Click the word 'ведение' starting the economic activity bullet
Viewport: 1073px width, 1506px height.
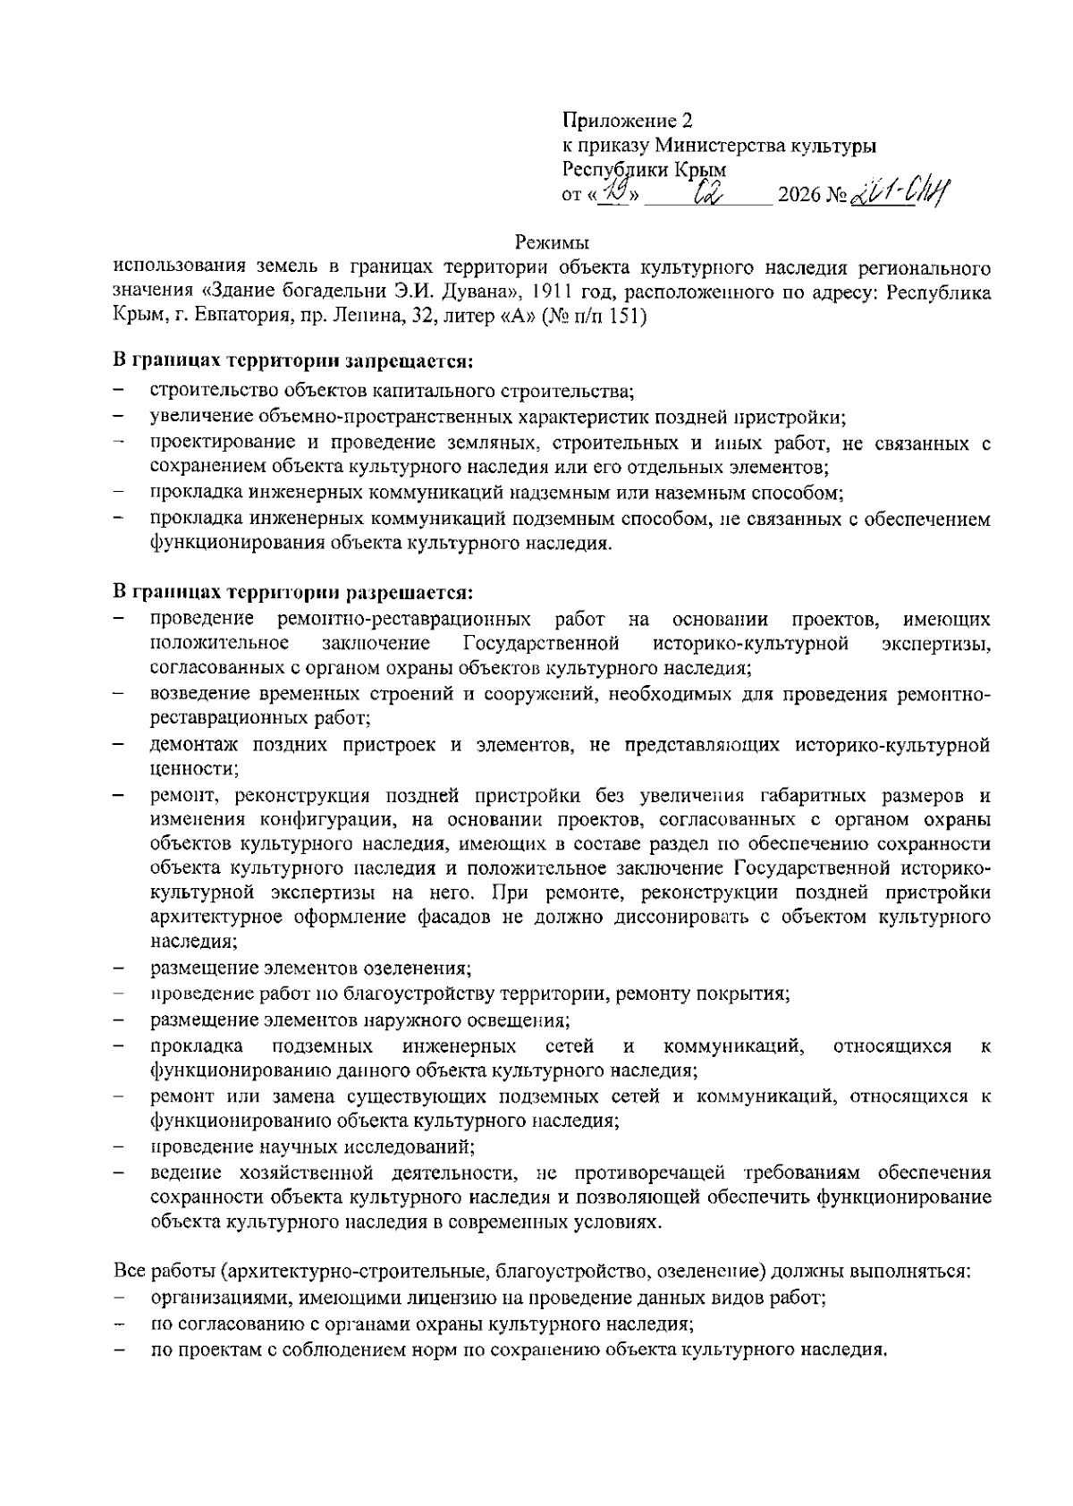[x=183, y=1172]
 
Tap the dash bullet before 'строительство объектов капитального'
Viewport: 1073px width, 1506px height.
[x=118, y=390]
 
